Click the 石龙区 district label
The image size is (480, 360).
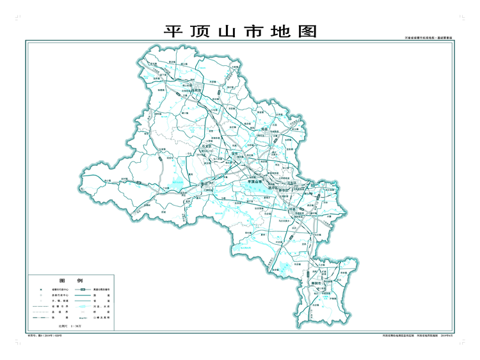[x=207, y=145]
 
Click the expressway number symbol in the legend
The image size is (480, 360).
[x=83, y=289]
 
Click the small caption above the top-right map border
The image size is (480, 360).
[x=428, y=38]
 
